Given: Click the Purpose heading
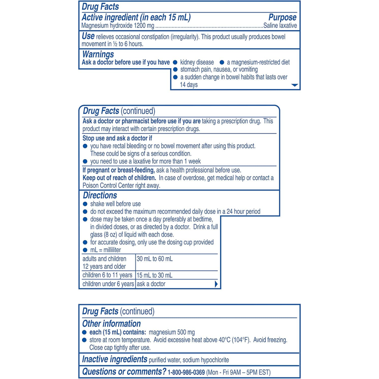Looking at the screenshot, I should pyautogui.click(x=282, y=17).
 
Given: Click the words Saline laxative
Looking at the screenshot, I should pyautogui.click(x=280, y=26).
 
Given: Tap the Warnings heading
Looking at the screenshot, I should pyautogui.click(x=98, y=54).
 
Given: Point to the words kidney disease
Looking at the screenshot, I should pyautogui.click(x=197, y=62).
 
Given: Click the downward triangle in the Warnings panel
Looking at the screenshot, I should pyautogui.click(x=295, y=85).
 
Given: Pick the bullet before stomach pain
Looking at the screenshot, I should pyautogui.click(x=175, y=70).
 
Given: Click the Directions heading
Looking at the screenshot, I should pyautogui.click(x=100, y=195).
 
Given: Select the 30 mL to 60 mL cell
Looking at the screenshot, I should pyautogui.click(x=155, y=259).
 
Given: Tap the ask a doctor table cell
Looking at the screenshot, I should pyautogui.click(x=151, y=284).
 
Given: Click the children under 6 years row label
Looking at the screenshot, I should pyautogui.click(x=108, y=284).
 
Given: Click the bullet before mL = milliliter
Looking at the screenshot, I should pyautogui.click(x=85, y=250).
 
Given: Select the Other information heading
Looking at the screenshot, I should pyautogui.click(x=111, y=324).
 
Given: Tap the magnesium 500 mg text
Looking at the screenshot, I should pyautogui.click(x=174, y=332).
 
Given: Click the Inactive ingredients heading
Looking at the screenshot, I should pyautogui.click(x=114, y=360).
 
